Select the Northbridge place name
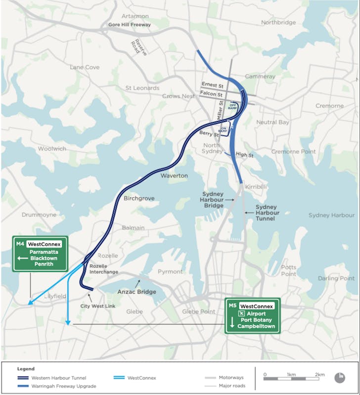[278, 22]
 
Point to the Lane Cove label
[85, 67]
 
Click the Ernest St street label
[213, 85]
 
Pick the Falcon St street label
[212, 94]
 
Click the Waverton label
[174, 176]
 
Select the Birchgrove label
[139, 198]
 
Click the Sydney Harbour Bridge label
[213, 199]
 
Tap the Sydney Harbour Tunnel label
[268, 213]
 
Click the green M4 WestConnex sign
[40, 254]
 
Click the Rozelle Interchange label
[104, 269]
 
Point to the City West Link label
[98, 307]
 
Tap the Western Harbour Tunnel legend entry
[58, 377]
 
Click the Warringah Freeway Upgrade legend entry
[63, 386]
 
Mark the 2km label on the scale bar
[319, 374]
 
